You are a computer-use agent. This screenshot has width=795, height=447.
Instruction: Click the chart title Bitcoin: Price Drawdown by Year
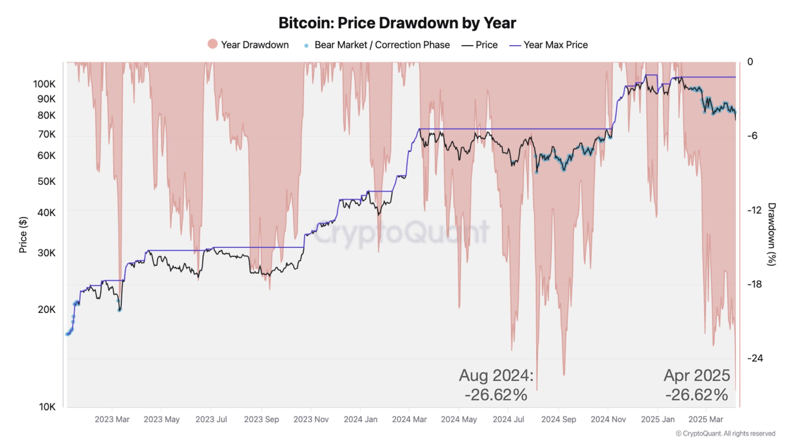coord(397,23)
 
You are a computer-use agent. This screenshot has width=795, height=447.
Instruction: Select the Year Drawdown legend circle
coord(212,44)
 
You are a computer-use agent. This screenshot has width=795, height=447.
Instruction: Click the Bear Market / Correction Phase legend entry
coord(382,45)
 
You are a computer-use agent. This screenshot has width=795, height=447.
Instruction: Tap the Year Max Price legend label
coord(555,45)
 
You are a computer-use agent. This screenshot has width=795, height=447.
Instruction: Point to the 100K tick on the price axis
coord(44,84)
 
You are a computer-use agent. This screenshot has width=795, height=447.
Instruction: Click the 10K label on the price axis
coord(47,407)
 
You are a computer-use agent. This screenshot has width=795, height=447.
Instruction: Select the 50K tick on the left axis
coord(46,181)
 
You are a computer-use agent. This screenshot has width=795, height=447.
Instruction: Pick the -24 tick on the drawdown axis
coord(755,358)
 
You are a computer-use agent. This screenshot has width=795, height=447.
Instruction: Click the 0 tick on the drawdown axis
coord(750,62)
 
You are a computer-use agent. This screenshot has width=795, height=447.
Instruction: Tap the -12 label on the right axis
coord(754,210)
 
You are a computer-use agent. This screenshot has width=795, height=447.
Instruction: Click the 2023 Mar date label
coord(112,419)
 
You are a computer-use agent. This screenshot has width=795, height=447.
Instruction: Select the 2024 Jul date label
coord(508,419)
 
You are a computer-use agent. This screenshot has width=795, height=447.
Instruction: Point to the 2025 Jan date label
coord(658,419)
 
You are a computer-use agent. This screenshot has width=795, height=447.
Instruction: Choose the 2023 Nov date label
coord(311,419)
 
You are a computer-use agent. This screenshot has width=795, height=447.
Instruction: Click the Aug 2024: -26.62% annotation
coord(496,385)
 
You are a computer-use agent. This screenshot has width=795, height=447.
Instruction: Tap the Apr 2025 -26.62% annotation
coord(697,385)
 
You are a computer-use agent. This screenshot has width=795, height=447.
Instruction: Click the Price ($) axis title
coord(23,235)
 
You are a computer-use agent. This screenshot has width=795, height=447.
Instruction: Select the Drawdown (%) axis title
coord(772,234)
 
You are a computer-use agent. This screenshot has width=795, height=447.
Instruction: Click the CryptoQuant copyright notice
coord(725,433)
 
